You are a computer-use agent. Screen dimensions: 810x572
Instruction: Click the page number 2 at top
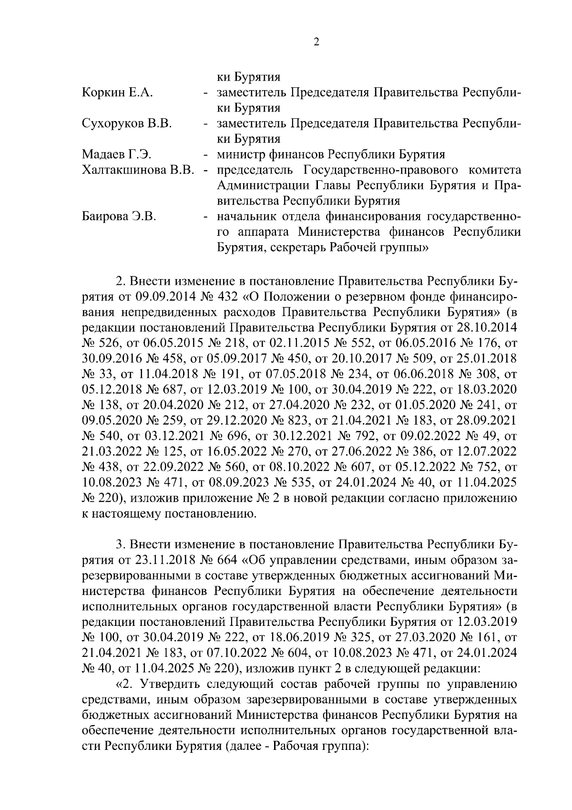317,42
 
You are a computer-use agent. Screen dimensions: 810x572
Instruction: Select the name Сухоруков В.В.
127,124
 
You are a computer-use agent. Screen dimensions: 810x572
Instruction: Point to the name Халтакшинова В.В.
138,170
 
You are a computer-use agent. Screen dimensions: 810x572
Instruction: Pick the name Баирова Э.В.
119,217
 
